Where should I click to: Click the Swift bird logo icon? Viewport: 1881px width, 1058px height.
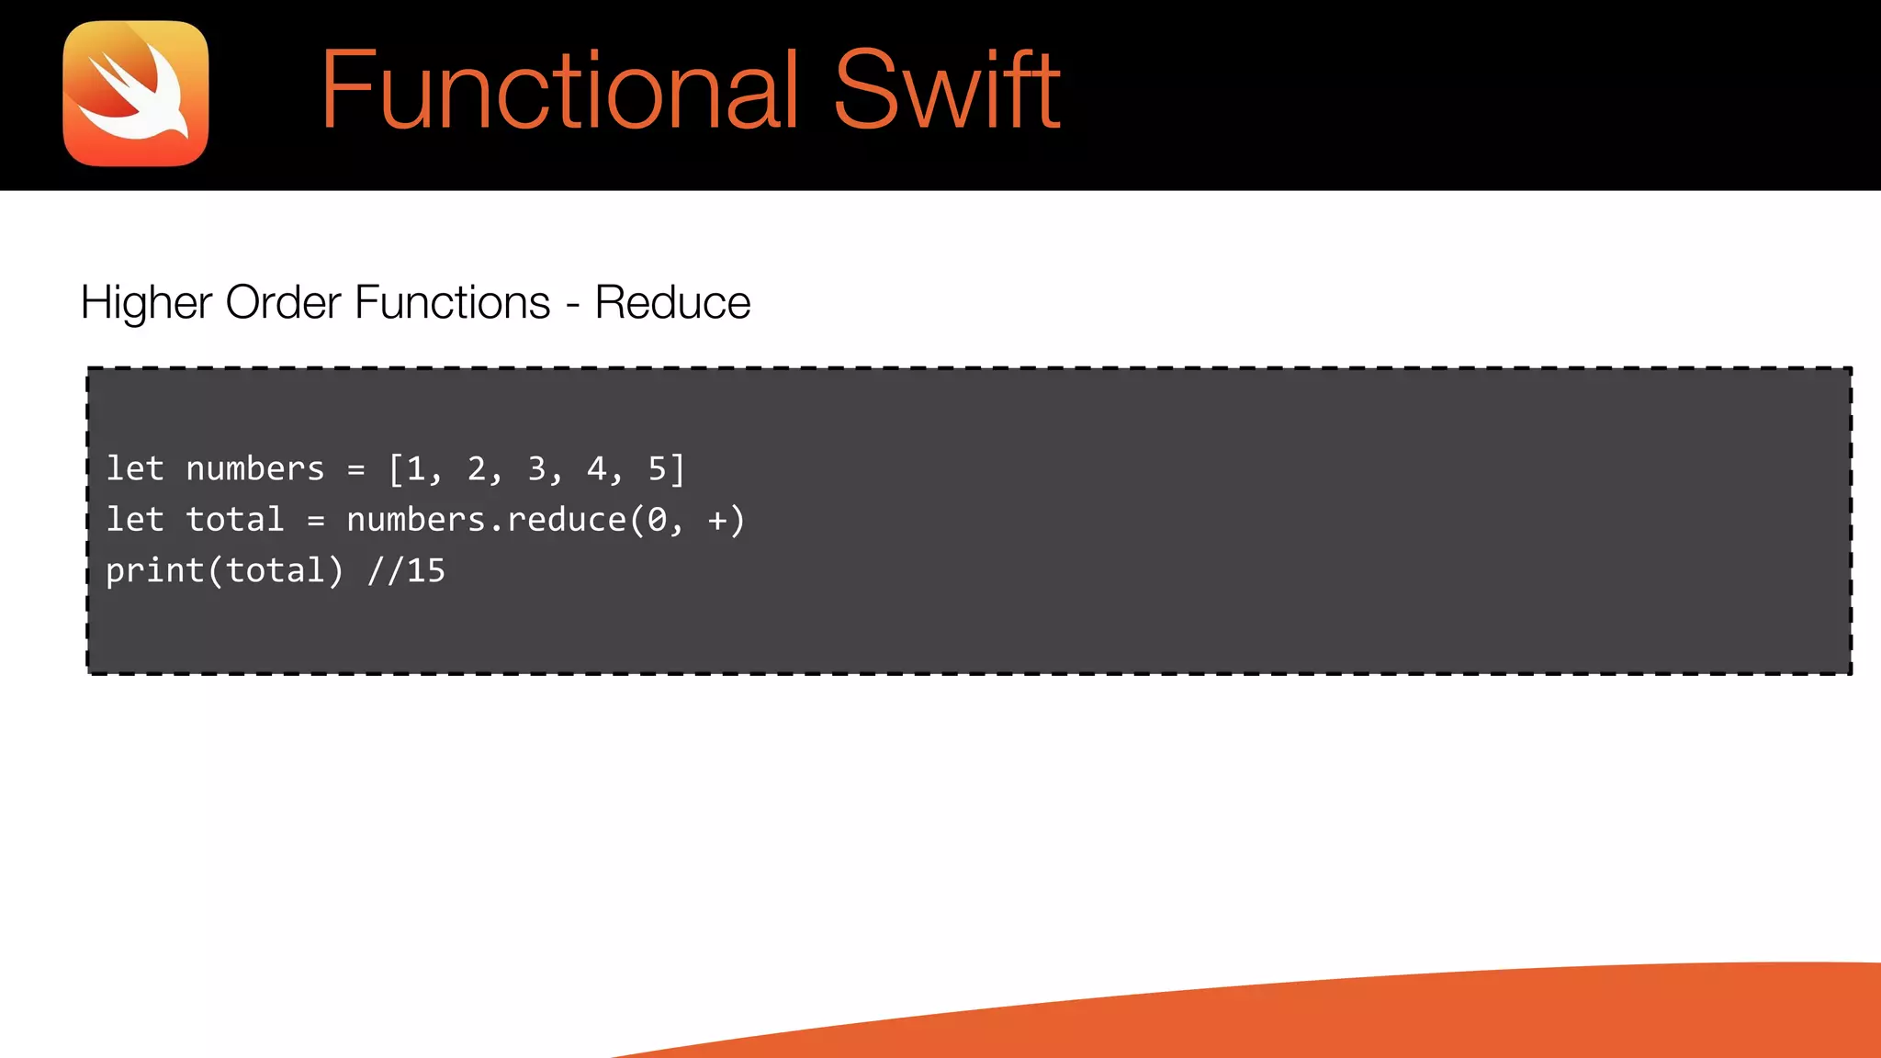click(136, 94)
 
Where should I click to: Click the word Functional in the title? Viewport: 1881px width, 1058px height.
click(559, 90)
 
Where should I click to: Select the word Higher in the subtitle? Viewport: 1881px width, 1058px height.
click(146, 303)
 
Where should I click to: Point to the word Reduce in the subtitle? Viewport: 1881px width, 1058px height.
click(672, 303)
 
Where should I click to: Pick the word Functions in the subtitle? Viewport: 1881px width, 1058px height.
click(452, 303)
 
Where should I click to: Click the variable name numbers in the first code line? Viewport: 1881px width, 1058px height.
click(254, 469)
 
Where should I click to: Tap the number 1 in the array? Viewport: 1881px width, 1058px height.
click(416, 469)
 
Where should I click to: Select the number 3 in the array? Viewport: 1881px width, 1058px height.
click(536, 469)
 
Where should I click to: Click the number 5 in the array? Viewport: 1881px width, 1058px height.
click(658, 469)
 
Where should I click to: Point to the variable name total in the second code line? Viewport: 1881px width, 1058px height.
click(234, 520)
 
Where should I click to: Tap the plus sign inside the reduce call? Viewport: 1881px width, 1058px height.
click(717, 521)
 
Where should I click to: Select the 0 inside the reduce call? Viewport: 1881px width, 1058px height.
click(657, 520)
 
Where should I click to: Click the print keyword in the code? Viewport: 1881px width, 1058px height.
click(154, 571)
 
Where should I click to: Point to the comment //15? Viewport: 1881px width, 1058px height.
click(406, 571)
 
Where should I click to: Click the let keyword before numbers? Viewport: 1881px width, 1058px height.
click(134, 469)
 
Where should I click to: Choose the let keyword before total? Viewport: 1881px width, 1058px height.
click(134, 520)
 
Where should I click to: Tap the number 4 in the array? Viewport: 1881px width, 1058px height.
click(597, 469)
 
